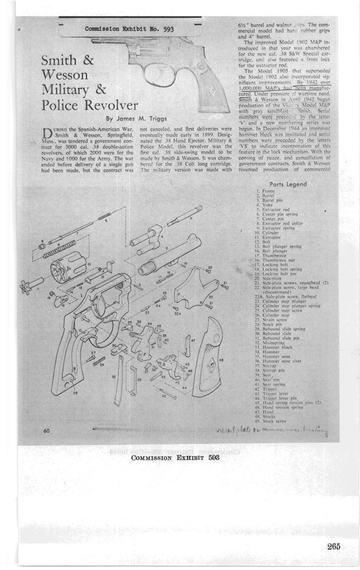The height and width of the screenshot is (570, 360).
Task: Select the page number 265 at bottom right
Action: pos(334,546)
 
